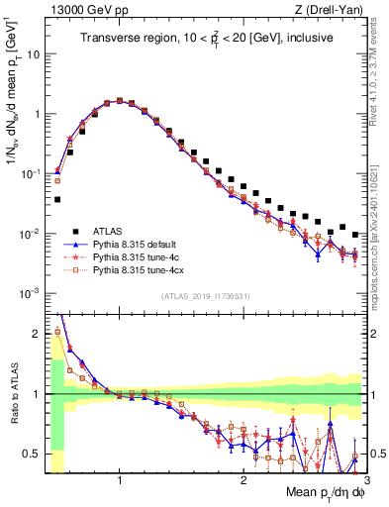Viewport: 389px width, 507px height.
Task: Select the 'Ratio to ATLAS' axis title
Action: coord(13,394)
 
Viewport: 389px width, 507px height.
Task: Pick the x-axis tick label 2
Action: coord(243,478)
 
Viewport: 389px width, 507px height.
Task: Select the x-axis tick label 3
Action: coord(365,478)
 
